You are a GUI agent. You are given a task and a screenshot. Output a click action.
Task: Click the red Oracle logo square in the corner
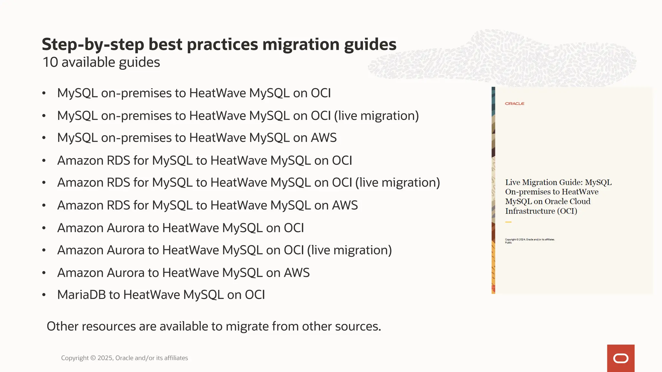[621, 358]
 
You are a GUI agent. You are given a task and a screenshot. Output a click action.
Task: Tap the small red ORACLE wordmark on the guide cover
[515, 104]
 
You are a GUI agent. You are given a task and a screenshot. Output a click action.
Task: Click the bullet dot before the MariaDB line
[44, 295]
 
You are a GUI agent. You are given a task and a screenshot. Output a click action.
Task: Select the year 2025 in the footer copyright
[105, 358]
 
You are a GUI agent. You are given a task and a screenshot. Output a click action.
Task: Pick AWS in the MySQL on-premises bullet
[324, 138]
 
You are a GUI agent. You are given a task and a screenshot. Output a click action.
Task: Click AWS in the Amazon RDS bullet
[345, 205]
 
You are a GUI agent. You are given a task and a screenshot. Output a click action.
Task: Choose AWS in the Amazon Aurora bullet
[297, 273]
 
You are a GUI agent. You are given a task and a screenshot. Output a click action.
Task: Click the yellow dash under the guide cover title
[508, 222]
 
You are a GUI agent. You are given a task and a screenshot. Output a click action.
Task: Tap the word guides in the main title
[370, 45]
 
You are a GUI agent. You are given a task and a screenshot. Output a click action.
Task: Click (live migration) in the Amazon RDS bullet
[398, 183]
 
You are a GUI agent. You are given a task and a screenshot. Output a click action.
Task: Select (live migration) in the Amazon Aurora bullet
[349, 250]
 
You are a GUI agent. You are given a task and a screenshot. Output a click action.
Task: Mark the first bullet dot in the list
[44, 93]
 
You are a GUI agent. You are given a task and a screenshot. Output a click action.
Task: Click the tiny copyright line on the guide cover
[530, 240]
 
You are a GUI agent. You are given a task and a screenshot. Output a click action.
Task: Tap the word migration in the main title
[301, 45]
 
